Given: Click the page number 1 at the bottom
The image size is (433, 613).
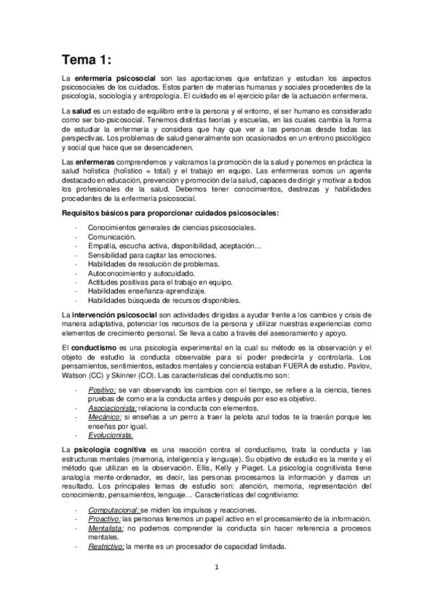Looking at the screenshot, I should tap(216, 567).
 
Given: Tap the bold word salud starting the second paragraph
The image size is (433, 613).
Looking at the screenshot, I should tap(82, 108).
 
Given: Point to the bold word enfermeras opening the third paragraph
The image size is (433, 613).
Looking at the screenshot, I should tap(94, 159).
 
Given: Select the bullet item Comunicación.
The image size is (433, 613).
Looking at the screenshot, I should tap(111, 236).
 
